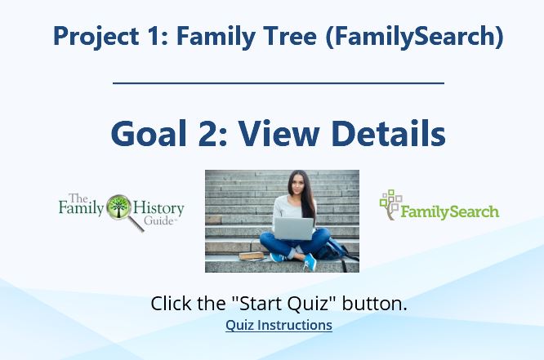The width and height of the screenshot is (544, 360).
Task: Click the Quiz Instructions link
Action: tap(279, 326)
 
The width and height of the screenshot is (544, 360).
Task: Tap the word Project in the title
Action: tap(96, 37)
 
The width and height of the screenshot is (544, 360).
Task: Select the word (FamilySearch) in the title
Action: tap(415, 37)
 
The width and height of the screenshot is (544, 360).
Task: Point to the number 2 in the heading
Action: tap(207, 134)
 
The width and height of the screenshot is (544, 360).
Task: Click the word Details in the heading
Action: tap(389, 134)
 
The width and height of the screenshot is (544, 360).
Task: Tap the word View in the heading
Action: tap(279, 134)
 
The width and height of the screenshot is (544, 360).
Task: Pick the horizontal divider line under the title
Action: tap(279, 83)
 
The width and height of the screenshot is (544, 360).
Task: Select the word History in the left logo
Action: tap(158, 209)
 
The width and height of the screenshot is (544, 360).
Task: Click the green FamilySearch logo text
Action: tap(449, 211)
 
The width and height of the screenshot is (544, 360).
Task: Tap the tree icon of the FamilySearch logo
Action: tap(390, 205)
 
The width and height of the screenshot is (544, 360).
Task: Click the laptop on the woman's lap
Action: tap(293, 229)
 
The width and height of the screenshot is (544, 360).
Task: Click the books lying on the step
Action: tap(252, 256)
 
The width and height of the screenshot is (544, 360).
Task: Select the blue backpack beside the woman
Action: tap(334, 251)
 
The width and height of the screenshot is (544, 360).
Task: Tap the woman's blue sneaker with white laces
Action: tap(310, 262)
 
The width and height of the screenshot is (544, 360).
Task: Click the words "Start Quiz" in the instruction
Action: tap(280, 303)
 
